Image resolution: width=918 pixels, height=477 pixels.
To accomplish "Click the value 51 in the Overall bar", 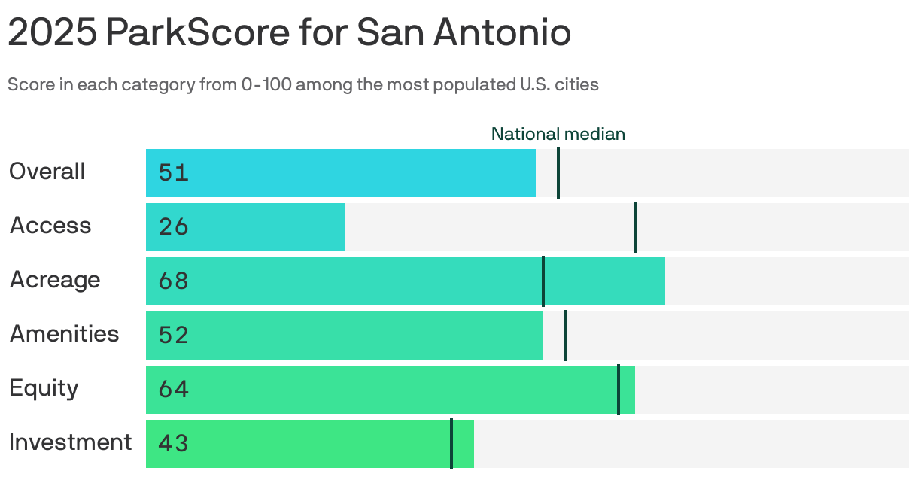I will pyautogui.click(x=173, y=173).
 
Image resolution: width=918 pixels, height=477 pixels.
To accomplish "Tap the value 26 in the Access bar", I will pyautogui.click(x=173, y=227).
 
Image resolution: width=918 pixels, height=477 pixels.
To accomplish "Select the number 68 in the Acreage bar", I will pyautogui.click(x=173, y=281).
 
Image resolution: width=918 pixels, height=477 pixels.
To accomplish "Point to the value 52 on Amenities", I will pyautogui.click(x=173, y=336).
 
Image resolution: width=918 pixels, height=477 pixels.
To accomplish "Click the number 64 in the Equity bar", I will pyautogui.click(x=173, y=390).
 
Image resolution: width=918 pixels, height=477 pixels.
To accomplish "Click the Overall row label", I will pyautogui.click(x=47, y=172).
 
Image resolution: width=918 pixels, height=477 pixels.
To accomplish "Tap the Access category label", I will pyautogui.click(x=50, y=226).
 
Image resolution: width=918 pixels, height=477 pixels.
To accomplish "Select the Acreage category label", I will pyautogui.click(x=55, y=280).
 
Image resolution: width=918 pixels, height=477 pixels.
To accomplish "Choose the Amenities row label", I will pyautogui.click(x=64, y=334).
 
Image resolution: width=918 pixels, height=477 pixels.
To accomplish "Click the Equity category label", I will pyautogui.click(x=44, y=388).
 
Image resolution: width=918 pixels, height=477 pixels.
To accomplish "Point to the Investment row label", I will pyautogui.click(x=70, y=442).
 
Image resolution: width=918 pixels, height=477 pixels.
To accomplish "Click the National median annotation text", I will pyautogui.click(x=558, y=135).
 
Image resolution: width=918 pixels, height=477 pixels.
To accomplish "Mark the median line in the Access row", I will pyautogui.click(x=635, y=227).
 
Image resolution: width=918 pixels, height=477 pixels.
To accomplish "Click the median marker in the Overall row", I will pyautogui.click(x=558, y=173).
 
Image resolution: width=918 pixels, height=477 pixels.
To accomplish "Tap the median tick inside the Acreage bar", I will pyautogui.click(x=543, y=281).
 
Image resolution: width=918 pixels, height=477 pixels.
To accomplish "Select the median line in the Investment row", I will pyautogui.click(x=451, y=444).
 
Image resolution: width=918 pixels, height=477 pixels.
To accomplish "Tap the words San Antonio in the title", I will pyautogui.click(x=464, y=33).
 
